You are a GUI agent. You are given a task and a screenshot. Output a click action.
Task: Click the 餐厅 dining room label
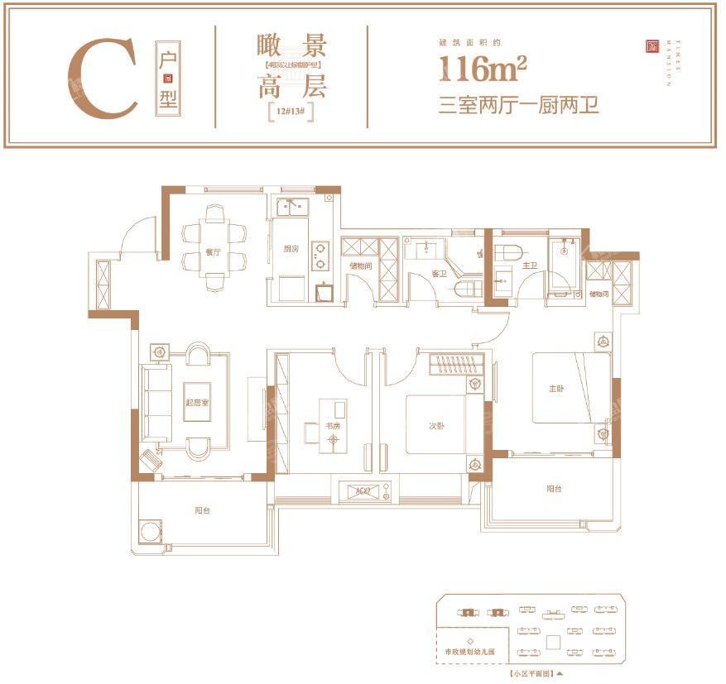(x=213, y=253)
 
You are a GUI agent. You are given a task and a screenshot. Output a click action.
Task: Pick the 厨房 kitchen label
(x=289, y=249)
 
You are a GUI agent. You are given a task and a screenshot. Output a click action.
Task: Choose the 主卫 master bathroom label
(x=530, y=266)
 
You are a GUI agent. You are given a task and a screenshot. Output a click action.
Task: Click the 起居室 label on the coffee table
(x=197, y=403)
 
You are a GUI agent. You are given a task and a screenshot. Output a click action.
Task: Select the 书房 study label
(x=332, y=426)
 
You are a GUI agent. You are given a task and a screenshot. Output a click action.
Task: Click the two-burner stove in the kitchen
(x=320, y=256)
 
